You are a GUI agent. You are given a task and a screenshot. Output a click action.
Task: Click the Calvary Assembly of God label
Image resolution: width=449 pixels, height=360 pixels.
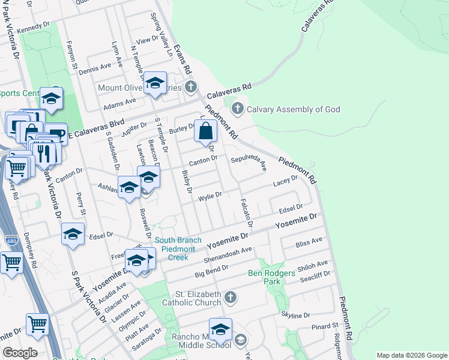pos(294,109)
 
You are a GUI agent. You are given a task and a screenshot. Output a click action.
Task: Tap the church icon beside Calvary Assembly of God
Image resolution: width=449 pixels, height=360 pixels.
pos(238,109)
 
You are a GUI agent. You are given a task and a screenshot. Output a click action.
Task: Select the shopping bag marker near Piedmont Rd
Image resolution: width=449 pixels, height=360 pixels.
pos(205,131)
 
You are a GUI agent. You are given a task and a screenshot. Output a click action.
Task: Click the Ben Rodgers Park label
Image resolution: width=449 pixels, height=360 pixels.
pos(273,277)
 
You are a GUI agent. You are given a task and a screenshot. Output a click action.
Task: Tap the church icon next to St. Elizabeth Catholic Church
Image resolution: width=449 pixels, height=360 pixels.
pos(230,297)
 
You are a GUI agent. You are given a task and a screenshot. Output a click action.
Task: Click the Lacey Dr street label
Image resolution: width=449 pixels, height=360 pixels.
pos(285,181)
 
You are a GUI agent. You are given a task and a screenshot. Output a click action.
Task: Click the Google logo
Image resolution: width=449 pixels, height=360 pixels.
pos(19,352)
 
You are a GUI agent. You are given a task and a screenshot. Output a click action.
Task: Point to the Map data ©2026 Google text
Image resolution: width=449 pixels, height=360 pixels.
pos(411,355)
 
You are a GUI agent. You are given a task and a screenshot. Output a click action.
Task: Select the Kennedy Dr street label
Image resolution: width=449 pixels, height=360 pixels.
pos(34,28)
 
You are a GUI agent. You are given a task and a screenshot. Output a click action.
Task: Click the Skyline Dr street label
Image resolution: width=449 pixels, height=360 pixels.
pos(295,314)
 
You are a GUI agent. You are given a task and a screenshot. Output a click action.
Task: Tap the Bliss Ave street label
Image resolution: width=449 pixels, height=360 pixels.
pos(309,242)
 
